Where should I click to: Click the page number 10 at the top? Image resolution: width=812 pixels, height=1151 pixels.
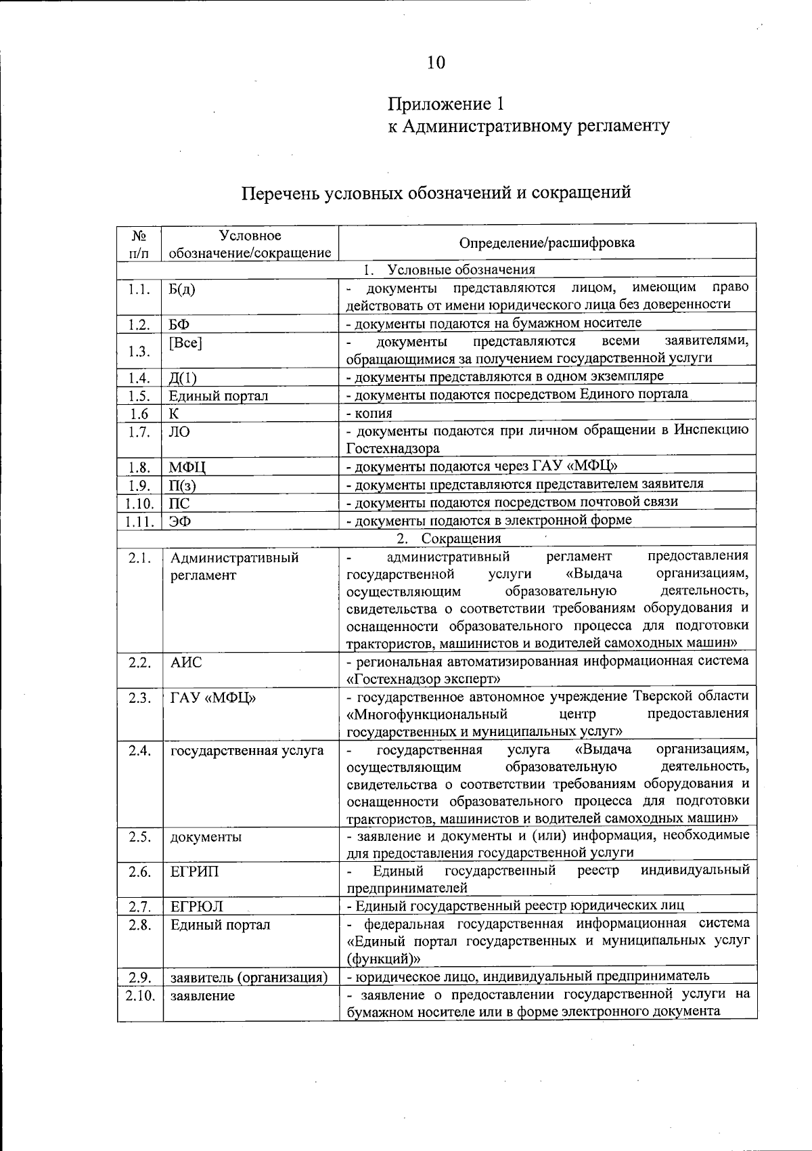pos(436,63)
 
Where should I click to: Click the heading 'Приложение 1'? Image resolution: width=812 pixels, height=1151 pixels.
pos(446,104)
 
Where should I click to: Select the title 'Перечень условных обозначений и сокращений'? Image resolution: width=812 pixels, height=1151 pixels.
pos(436,193)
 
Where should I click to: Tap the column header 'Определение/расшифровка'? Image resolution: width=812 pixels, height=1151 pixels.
pos(547,242)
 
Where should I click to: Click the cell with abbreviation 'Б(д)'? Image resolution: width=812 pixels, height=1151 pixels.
pos(182,290)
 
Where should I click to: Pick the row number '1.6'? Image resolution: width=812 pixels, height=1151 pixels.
pos(139,414)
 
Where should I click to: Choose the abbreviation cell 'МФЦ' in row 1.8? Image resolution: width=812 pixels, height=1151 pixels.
pos(187,467)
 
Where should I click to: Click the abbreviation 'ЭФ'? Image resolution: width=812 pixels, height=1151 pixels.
pos(179,521)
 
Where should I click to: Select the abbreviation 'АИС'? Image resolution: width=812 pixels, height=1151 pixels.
pos(186,662)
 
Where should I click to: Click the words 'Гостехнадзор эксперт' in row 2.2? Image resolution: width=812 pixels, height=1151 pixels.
pos(426,678)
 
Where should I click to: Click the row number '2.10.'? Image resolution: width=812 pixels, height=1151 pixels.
pos(139,995)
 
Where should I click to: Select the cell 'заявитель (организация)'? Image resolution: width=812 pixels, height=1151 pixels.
pos(249,978)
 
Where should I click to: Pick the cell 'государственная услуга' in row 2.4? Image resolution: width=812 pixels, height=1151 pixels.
pos(247,751)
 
